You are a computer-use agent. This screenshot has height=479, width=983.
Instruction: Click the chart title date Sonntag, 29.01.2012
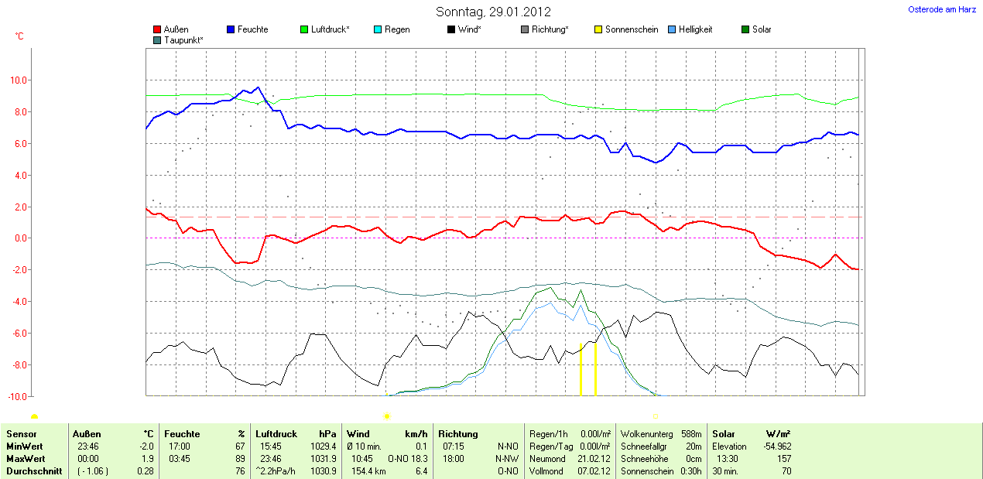493,12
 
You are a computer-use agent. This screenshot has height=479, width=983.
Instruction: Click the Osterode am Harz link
941,9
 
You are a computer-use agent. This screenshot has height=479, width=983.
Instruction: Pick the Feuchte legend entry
252,29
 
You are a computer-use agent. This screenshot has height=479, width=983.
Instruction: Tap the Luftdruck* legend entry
330,29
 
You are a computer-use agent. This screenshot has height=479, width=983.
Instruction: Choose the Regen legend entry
397,29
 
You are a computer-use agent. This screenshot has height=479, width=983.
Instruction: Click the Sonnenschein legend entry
631,29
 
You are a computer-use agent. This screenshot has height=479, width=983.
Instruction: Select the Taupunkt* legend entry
183,39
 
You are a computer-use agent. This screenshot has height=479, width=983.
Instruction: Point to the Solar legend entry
761,29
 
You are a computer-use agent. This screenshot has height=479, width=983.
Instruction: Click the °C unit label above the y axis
19,36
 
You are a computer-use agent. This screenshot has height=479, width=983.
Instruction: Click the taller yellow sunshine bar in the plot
594,368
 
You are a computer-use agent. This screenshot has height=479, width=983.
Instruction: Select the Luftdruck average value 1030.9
324,471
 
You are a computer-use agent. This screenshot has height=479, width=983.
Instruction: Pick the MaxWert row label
24,459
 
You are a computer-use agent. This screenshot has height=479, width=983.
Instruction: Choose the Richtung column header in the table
458,434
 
